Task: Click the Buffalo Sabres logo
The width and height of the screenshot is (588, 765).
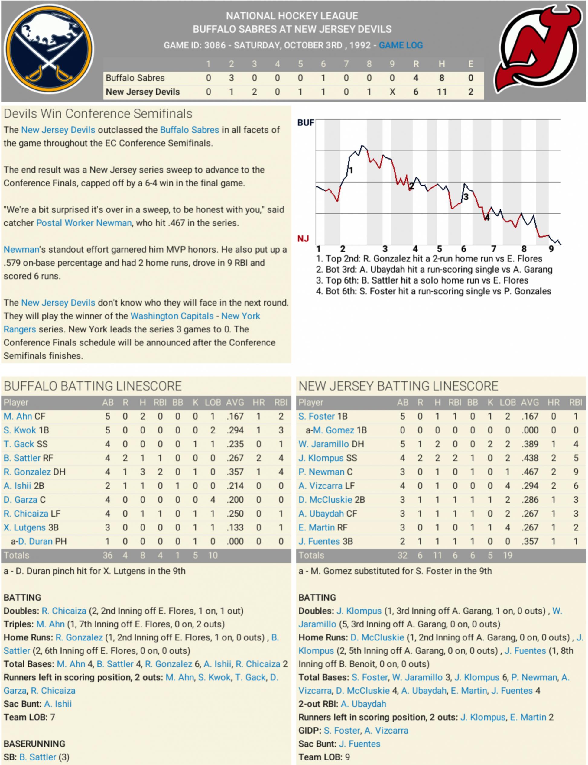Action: point(49,49)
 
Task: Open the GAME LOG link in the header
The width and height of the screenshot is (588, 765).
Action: point(401,45)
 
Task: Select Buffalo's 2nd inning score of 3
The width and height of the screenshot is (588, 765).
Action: point(231,78)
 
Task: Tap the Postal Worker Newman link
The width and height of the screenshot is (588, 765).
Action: point(84,223)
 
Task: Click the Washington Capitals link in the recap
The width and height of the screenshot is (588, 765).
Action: point(172,316)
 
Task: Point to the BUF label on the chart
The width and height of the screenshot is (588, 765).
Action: point(306,122)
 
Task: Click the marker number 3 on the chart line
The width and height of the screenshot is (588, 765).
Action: point(466,197)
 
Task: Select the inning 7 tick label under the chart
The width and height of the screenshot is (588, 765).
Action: point(493,249)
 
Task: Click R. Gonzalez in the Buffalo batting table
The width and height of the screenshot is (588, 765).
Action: point(27,472)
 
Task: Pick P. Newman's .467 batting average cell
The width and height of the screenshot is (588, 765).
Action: point(530,472)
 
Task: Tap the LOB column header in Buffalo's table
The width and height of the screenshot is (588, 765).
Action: point(213,402)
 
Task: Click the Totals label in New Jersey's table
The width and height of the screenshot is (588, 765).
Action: point(311,555)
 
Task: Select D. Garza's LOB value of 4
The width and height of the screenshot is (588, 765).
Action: point(213,499)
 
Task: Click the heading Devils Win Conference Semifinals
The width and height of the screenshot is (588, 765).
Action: point(98,114)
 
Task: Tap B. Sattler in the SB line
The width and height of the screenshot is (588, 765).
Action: point(38,757)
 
